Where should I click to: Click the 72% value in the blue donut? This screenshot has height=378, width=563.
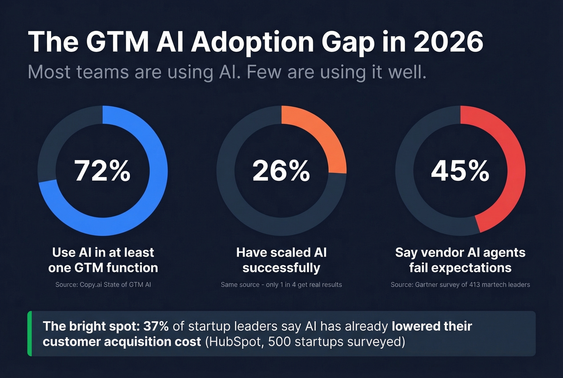pos(103,171)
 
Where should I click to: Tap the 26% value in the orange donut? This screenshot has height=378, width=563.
pos(281,171)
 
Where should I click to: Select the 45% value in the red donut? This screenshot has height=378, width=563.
pos(460,171)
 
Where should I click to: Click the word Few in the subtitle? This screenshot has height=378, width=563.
pos(264,72)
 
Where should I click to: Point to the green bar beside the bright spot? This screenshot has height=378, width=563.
pos(29,333)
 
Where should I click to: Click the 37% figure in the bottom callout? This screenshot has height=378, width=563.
pos(156,326)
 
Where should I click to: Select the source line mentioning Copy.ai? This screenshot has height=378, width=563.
pos(103,285)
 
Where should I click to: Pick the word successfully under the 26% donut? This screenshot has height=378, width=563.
pos(281,268)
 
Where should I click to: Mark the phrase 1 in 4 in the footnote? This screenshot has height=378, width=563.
pos(289,285)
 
